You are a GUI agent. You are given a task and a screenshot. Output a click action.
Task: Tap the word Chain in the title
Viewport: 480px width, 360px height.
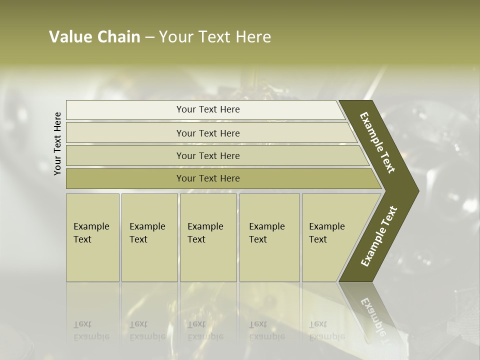[x=118, y=37]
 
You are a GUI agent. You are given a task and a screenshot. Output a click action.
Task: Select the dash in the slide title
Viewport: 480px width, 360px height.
[x=149, y=37]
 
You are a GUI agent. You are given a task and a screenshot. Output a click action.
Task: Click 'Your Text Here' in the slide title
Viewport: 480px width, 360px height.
[x=215, y=37]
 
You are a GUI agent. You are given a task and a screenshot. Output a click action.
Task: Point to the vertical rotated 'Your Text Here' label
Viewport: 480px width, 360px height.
[x=57, y=143]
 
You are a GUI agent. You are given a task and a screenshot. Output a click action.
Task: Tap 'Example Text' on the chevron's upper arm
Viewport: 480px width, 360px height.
[x=377, y=142]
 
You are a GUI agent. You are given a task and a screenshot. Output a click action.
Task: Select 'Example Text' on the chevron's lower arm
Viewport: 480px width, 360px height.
[x=378, y=236]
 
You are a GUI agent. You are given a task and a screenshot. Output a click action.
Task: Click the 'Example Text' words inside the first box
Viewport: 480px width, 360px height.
[x=91, y=232]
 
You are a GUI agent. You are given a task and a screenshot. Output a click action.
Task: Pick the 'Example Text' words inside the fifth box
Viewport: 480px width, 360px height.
[x=326, y=232]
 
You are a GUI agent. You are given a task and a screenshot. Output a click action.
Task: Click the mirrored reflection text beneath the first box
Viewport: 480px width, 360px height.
[x=91, y=330]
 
